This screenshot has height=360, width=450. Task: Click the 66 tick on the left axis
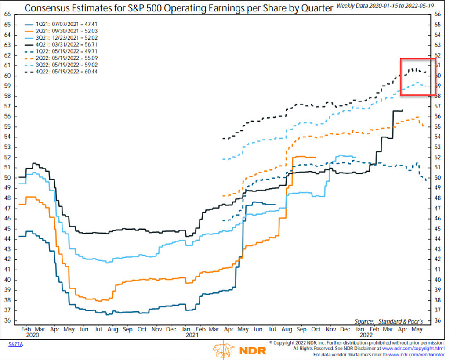7,14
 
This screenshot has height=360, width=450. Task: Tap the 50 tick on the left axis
7,177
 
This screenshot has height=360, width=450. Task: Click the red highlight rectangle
417,77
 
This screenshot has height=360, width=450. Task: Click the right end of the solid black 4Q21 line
403,110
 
